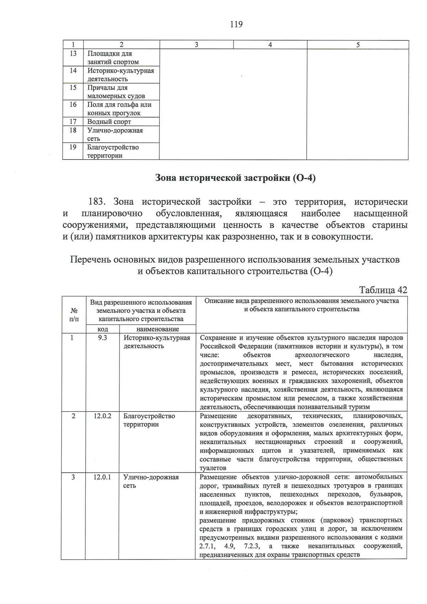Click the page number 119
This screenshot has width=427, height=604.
tap(236, 25)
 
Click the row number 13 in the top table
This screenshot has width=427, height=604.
tap(73, 53)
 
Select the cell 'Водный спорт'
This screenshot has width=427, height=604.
tap(109, 122)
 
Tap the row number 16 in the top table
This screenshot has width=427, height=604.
tap(73, 105)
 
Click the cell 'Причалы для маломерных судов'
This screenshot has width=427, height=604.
tap(116, 92)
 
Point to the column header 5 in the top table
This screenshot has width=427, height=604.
tap(358, 45)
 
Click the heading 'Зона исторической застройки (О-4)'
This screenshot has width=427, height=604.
tap(236, 178)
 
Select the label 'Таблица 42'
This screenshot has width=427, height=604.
tap(383, 290)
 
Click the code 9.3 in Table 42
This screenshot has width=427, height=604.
tap(102, 338)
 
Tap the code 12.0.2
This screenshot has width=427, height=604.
tap(102, 416)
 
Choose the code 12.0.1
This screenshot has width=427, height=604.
tap(102, 477)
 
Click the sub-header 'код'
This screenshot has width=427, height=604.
tap(102, 329)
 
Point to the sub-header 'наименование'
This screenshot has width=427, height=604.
tap(158, 329)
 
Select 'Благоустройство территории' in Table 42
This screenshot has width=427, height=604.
tap(149, 420)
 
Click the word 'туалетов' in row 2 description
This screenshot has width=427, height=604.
tap(213, 468)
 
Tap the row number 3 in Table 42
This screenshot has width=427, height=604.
tap(73, 477)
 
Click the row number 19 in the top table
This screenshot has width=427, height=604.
tap(73, 147)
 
